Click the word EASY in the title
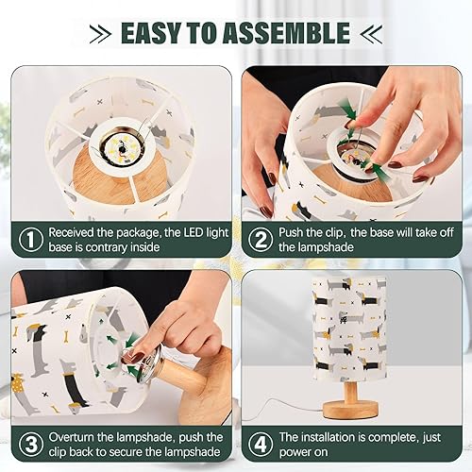pyautogui.click(x=155, y=34)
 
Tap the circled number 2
pyautogui.click(x=259, y=240)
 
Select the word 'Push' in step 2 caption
pyautogui.click(x=295, y=231)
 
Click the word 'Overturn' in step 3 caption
pyautogui.click(x=76, y=437)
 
